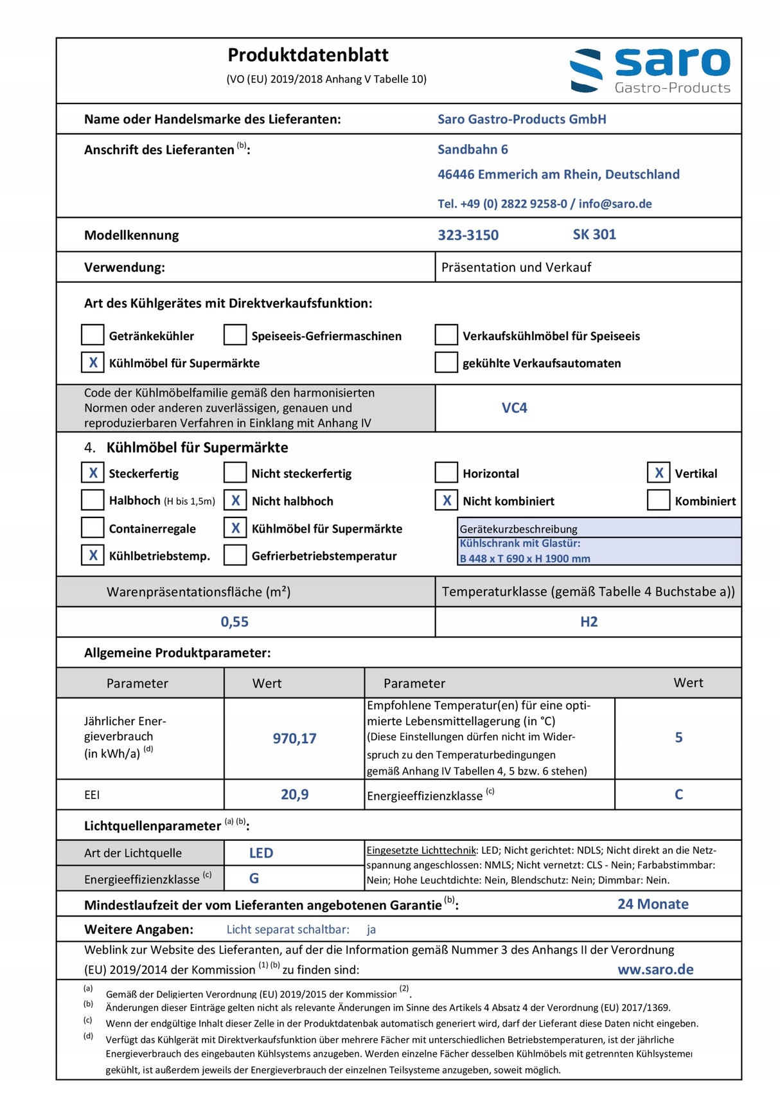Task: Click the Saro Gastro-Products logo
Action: [650, 70]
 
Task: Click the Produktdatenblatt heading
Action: [308, 55]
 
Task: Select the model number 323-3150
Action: [468, 235]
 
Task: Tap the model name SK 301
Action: [594, 235]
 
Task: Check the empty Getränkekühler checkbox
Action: [93, 335]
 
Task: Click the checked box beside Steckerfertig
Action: [93, 473]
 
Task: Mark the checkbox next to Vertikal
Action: [659, 473]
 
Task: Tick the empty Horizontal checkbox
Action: [447, 473]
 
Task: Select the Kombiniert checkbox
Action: [659, 500]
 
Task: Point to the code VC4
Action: [514, 408]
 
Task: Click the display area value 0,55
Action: [235, 622]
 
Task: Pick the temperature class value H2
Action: [589, 622]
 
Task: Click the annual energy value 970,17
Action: [294, 739]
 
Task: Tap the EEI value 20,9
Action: [294, 795]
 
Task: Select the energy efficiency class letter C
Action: [678, 795]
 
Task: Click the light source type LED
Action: [261, 853]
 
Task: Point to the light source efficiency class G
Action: [254, 878]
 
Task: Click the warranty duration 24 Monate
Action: [653, 904]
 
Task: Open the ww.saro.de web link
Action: [655, 969]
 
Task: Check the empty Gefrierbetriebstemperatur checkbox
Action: [235, 555]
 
